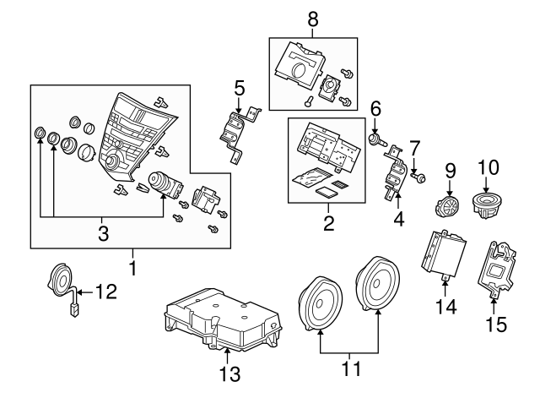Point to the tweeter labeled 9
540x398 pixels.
click(448, 206)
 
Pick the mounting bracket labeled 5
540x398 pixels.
click(235, 134)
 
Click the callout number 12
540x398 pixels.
click(105, 292)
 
